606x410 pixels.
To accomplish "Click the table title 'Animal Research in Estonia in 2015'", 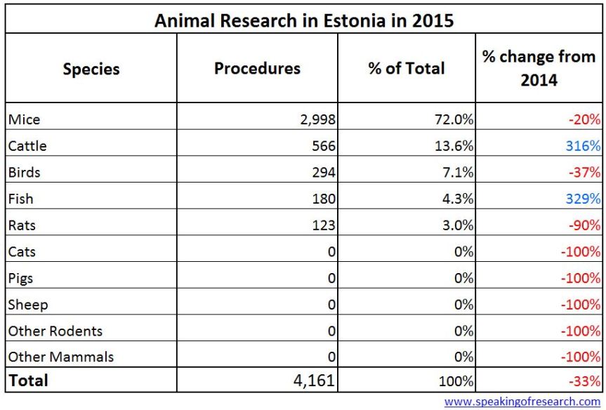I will (x=303, y=20).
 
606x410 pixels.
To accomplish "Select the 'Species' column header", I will (x=91, y=69).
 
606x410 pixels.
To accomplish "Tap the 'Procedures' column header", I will (x=257, y=68).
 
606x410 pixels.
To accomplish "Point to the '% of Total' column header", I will (x=406, y=68).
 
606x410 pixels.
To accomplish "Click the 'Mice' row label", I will (x=25, y=119).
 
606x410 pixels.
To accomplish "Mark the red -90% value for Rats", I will (x=585, y=225).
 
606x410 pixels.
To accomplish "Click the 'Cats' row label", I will (x=22, y=251).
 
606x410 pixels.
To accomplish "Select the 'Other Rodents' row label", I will (x=55, y=331).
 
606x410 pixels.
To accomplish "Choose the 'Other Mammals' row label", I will (x=61, y=357).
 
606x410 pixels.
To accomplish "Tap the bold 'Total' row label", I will (x=29, y=381).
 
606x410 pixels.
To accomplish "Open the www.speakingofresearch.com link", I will (x=522, y=402).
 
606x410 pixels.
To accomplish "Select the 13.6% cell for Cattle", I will (x=453, y=146).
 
